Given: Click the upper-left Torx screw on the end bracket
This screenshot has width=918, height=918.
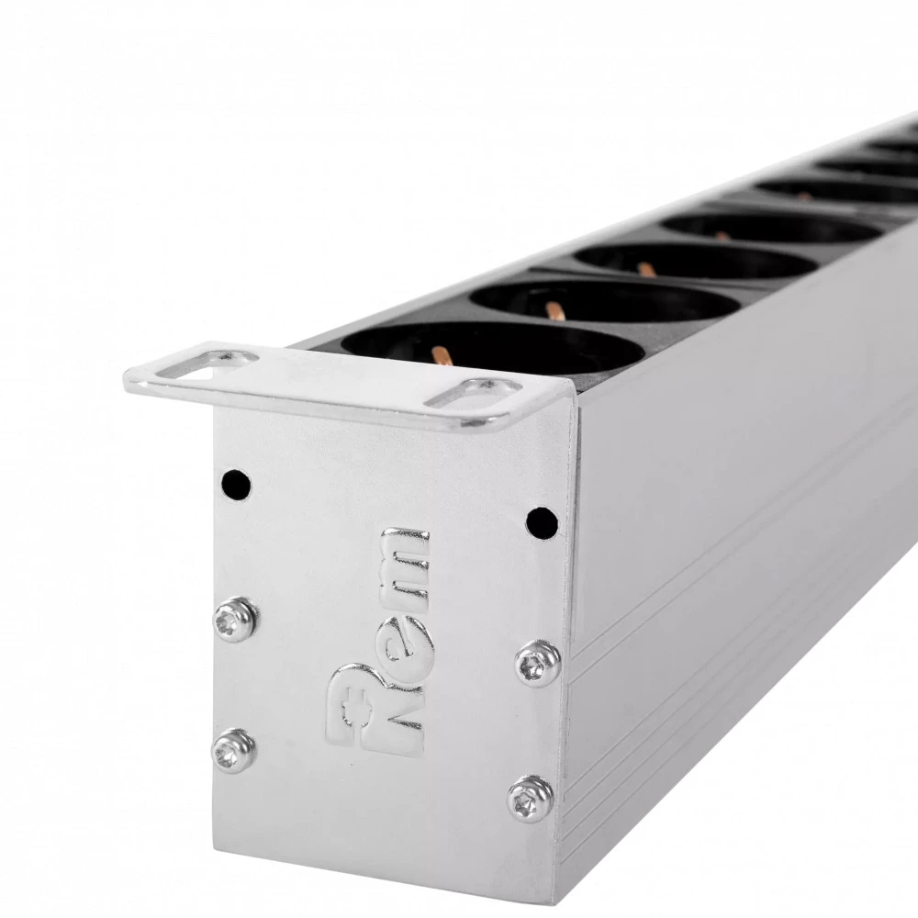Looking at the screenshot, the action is pos(235,620).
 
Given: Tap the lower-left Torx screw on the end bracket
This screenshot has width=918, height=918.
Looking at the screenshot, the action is pos(233,751).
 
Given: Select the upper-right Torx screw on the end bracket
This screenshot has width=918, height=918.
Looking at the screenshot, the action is pos(537,664).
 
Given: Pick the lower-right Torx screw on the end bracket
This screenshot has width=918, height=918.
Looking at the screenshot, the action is pos(531,800).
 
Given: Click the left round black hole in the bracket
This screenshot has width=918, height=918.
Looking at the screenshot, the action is pos(237,485).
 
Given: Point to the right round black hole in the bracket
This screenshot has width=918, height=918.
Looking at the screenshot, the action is pos(543,523).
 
